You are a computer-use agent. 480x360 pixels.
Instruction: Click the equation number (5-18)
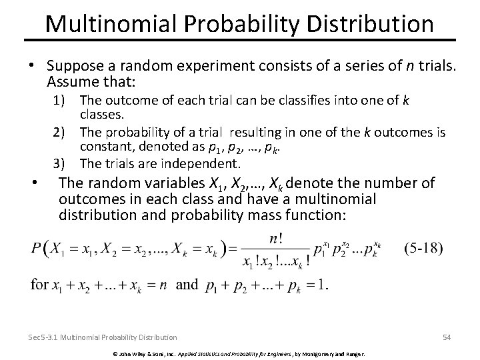(423, 248)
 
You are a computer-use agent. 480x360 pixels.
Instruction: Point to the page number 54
(446, 337)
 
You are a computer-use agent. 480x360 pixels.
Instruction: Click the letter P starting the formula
(37, 249)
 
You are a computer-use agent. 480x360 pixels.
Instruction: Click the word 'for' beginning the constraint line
(39, 285)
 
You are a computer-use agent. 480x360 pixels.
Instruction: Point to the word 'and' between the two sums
(187, 285)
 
